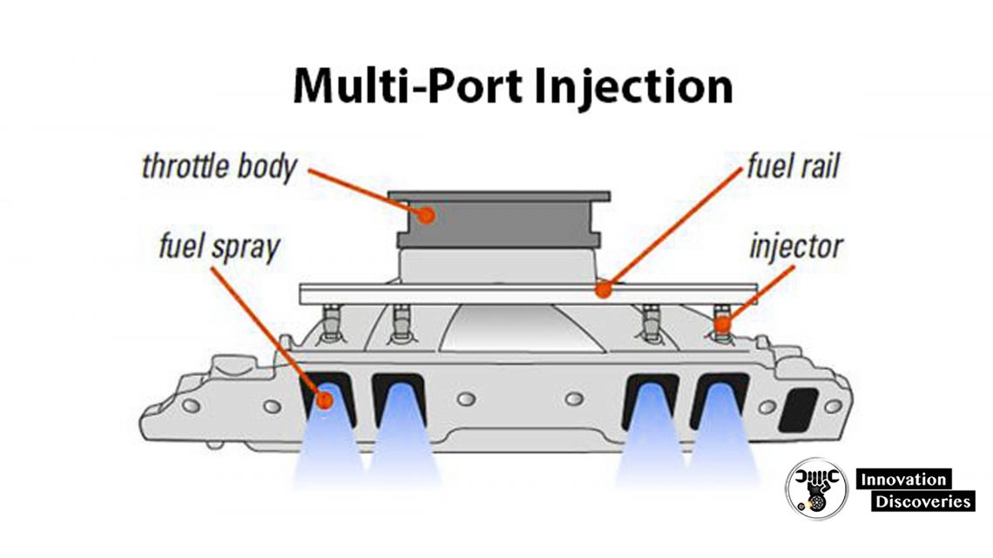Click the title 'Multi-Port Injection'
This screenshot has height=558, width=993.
[512, 87]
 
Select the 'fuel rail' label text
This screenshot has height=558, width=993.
[792, 165]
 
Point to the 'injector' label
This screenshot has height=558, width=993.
[795, 246]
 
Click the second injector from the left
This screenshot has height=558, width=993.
[400, 325]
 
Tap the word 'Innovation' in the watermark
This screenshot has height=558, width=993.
[903, 479]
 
